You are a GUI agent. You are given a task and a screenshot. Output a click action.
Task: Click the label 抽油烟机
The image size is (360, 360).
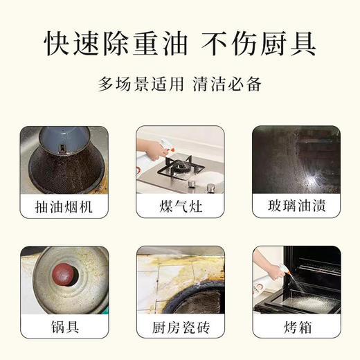click(64, 206)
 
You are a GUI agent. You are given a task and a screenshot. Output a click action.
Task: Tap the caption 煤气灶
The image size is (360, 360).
click(180, 206)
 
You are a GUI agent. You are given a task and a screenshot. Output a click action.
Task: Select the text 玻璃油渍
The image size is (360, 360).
click(296, 206)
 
